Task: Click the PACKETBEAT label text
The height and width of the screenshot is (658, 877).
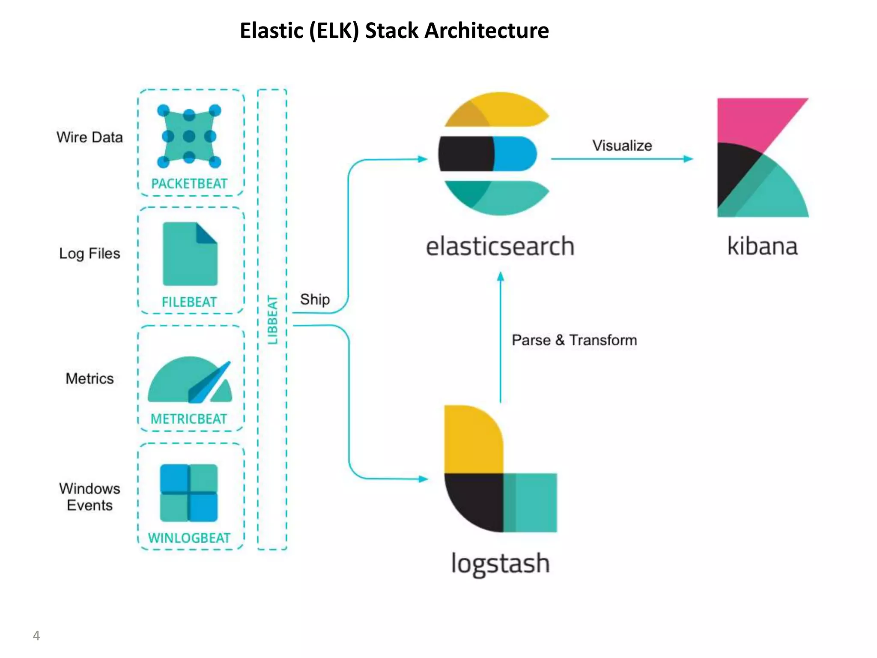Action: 189,184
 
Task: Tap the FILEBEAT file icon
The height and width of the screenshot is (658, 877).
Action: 190,254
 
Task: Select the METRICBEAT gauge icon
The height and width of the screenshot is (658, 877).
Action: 190,381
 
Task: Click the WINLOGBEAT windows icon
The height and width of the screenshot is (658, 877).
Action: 188,493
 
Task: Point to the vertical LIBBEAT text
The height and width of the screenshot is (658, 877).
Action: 273,320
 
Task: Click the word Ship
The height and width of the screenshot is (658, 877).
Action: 315,299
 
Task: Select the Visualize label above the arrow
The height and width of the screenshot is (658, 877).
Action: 622,146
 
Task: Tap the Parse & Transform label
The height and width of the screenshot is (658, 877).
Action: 574,340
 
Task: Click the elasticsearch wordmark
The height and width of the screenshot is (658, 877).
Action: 500,247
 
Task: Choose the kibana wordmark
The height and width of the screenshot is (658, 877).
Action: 762,247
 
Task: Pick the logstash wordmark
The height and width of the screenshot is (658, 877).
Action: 500,564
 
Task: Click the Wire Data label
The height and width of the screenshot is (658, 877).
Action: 89,138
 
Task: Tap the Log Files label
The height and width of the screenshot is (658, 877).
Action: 89,254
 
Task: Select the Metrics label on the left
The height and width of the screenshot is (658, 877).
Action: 89,379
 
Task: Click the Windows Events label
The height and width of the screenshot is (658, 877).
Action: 89,497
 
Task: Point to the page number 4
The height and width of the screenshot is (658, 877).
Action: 36,636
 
